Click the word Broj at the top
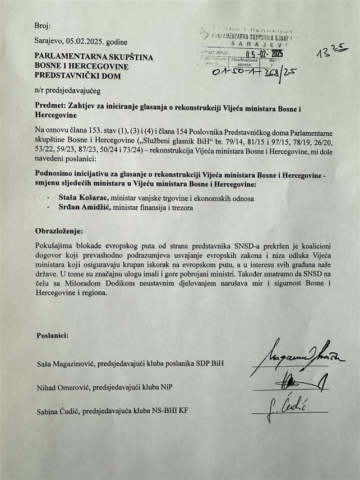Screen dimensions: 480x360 [42, 26]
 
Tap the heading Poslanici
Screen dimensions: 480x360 [53, 335]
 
